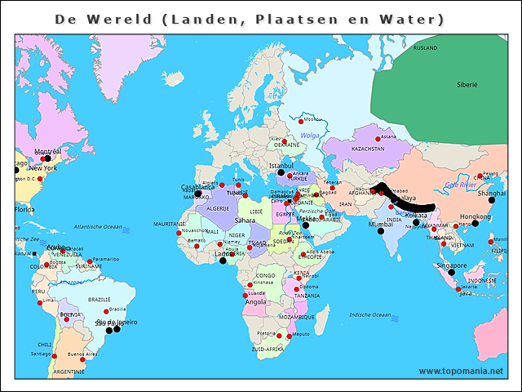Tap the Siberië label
click(466, 84)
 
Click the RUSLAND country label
click(425, 48)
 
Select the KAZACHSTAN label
click(368, 149)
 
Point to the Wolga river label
click(310, 136)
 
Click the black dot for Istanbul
click(280, 173)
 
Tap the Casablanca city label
click(197, 187)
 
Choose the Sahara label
click(245, 220)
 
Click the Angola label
click(255, 301)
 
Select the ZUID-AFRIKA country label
click(268, 349)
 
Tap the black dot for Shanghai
click(491, 200)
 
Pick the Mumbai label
click(380, 223)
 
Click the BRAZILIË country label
click(99, 300)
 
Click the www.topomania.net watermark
click(461, 371)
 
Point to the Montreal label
click(48, 151)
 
